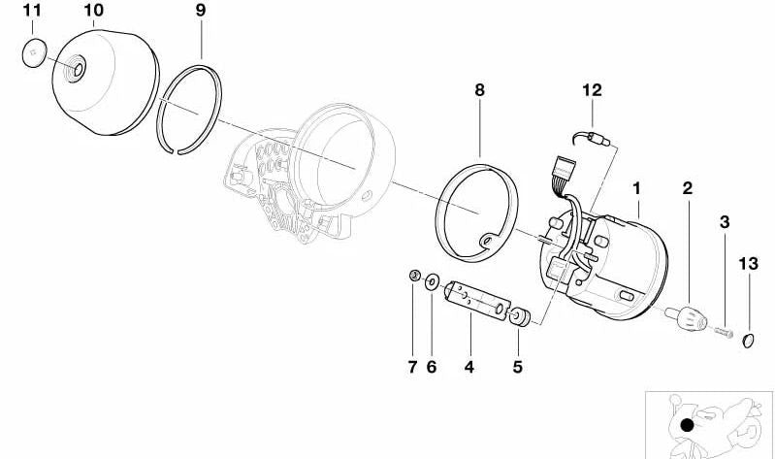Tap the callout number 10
(x=94, y=12)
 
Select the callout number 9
(x=201, y=12)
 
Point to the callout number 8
(x=479, y=90)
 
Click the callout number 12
(x=593, y=90)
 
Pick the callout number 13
(x=749, y=263)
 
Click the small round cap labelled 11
(x=35, y=54)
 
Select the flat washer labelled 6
(x=431, y=281)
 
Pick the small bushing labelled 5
(x=520, y=316)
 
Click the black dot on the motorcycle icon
(x=687, y=425)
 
